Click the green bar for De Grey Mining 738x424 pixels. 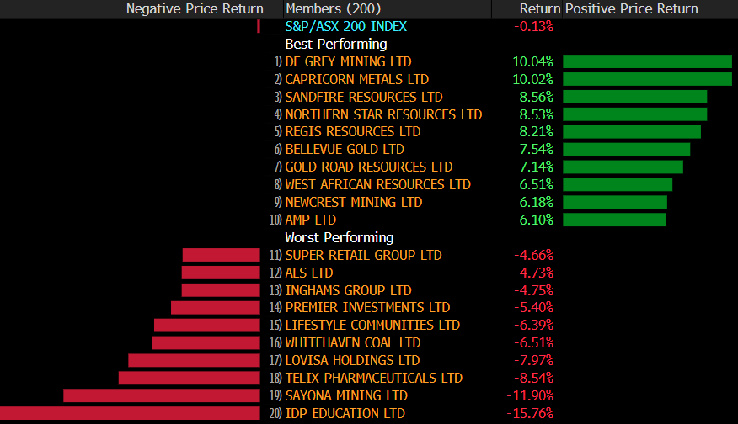[647, 61]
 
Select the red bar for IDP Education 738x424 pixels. [130, 413]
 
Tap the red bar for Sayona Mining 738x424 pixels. [162, 395]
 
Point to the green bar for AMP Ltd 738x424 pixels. [614, 220]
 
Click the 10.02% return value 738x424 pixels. [532, 79]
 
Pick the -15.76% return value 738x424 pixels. [530, 413]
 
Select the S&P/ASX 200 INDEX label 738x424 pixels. [345, 26]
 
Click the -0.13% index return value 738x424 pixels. [533, 26]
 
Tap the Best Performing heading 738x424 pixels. [336, 44]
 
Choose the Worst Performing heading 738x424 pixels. [340, 237]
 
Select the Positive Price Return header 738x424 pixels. [631, 8]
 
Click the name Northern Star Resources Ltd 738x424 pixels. [383, 114]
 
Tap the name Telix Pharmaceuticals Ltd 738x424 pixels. [374, 378]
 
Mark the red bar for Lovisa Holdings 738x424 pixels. [194, 360]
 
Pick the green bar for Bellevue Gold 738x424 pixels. [626, 149]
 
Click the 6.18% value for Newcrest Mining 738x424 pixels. [532, 202]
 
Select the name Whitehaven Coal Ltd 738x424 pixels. [353, 342]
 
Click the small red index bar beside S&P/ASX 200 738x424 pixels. [259, 26]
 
